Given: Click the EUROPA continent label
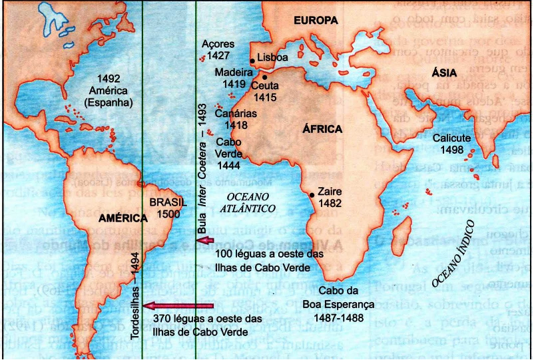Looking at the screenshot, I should (x=316, y=21).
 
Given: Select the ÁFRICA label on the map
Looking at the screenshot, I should (x=322, y=129).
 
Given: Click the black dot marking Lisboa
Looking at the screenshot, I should (x=252, y=61).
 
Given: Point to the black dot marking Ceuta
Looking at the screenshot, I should (x=264, y=77).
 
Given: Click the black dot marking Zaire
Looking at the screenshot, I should (x=312, y=194).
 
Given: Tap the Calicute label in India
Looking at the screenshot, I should (x=452, y=138).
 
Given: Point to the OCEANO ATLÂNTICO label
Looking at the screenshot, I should (x=248, y=202).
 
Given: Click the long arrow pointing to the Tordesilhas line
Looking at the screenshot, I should (x=179, y=306).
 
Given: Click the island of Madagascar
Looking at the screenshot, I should (x=401, y=236).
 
